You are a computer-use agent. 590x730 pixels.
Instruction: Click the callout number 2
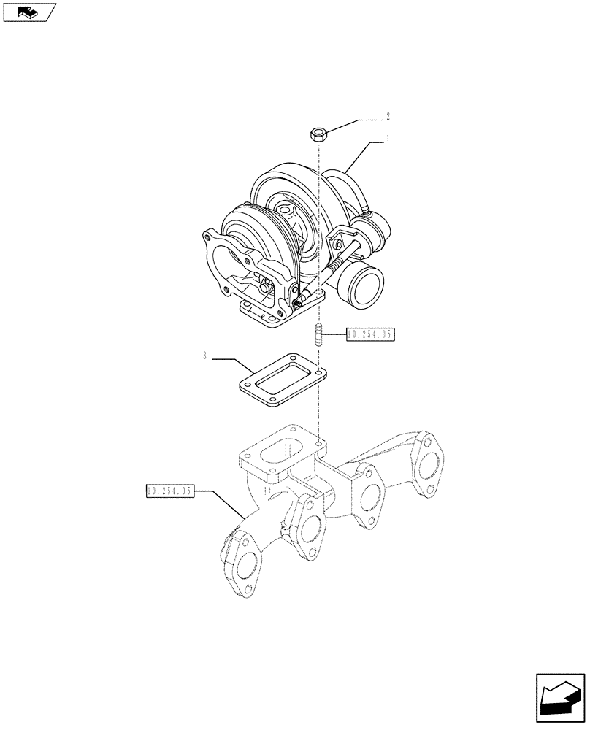click(388, 116)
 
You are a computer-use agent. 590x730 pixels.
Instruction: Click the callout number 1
click(388, 139)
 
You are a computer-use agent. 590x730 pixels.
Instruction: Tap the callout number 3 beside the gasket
click(206, 356)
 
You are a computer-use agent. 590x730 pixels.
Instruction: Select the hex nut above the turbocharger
click(318, 134)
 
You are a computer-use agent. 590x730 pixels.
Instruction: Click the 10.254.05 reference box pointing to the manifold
click(169, 491)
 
